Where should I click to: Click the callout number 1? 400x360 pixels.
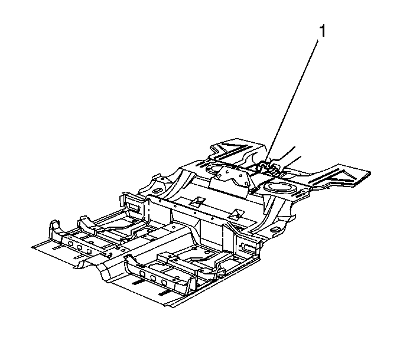(x=323, y=32)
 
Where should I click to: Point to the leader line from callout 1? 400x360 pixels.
(x=292, y=102)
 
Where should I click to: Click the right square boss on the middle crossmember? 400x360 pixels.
(x=237, y=214)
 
